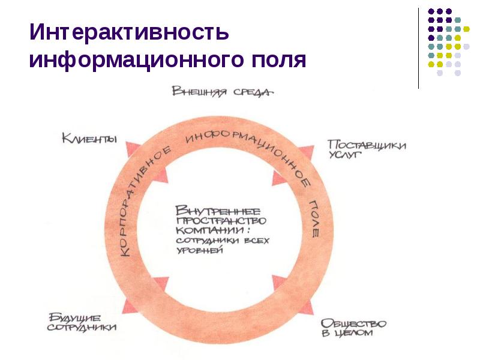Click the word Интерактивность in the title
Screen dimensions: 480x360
pos(129,32)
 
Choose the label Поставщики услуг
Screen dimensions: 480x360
pos(367,149)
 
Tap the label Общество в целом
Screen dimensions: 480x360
pos(353,328)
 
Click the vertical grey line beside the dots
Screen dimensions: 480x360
pos(418,48)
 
